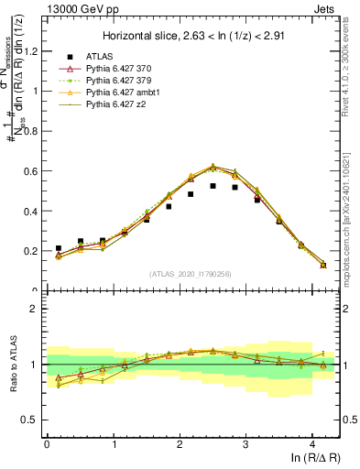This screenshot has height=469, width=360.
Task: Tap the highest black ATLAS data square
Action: pyautogui.click(x=213, y=186)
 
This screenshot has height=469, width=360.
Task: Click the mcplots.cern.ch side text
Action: pyautogui.click(x=350, y=211)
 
